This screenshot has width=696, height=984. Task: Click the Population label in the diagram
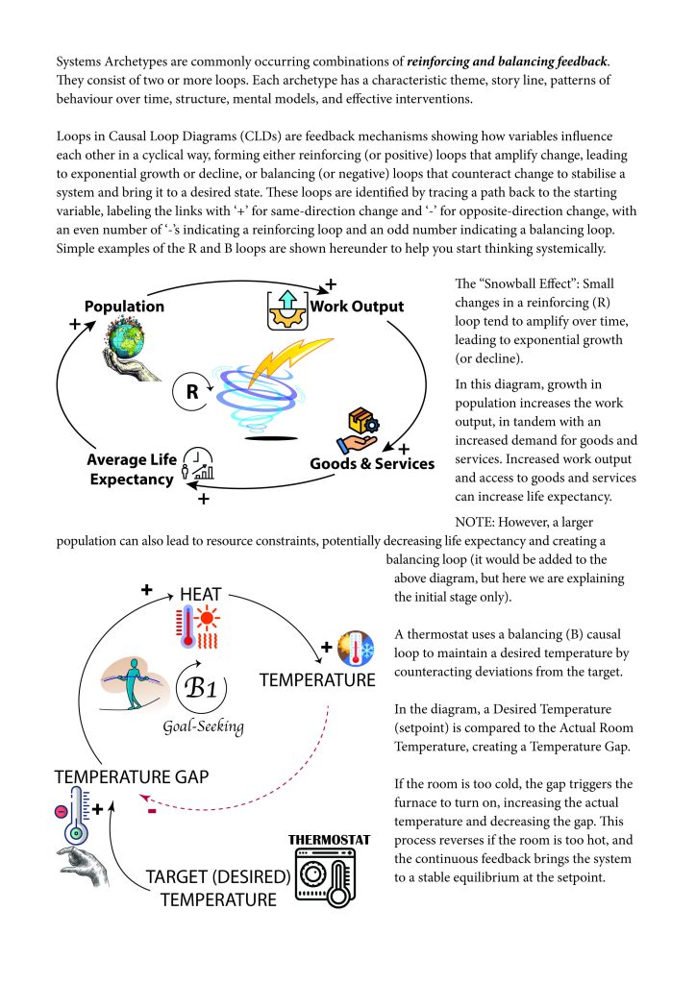tap(124, 307)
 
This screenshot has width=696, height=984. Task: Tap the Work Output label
tap(357, 307)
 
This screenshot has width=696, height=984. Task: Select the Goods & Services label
tap(372, 464)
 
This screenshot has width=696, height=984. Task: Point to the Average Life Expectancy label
tap(132, 469)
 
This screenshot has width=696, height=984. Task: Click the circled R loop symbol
tap(191, 391)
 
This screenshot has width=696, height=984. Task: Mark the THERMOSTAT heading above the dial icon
tap(330, 839)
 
